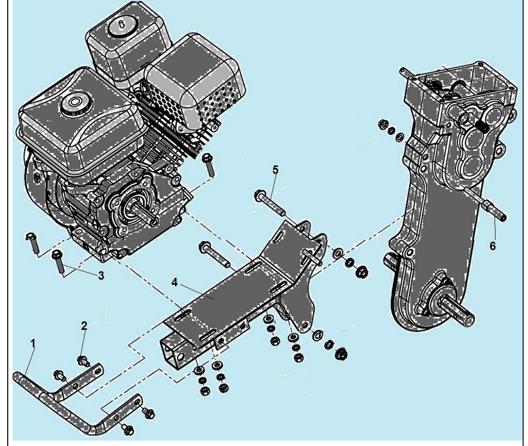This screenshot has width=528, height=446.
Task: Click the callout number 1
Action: click(32, 344)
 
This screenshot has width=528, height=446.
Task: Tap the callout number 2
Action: click(84, 325)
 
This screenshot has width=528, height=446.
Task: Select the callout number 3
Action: click(101, 276)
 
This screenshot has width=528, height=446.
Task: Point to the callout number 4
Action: click(174, 282)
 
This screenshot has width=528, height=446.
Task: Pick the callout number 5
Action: click(276, 170)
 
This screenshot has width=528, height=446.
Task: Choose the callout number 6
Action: click(492, 246)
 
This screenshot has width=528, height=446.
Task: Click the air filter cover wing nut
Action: click(122, 25)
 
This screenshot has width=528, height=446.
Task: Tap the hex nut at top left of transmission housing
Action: click(383, 124)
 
